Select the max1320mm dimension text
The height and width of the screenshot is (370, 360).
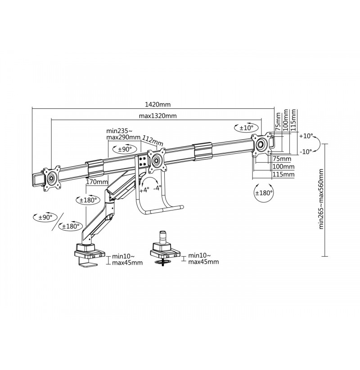[157, 116]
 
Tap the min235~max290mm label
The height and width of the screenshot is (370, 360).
[123, 134]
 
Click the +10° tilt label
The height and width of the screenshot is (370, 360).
[306, 136]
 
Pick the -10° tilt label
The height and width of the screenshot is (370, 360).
[306, 152]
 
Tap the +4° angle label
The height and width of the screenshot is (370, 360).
[144, 190]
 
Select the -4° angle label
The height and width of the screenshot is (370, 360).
[157, 188]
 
